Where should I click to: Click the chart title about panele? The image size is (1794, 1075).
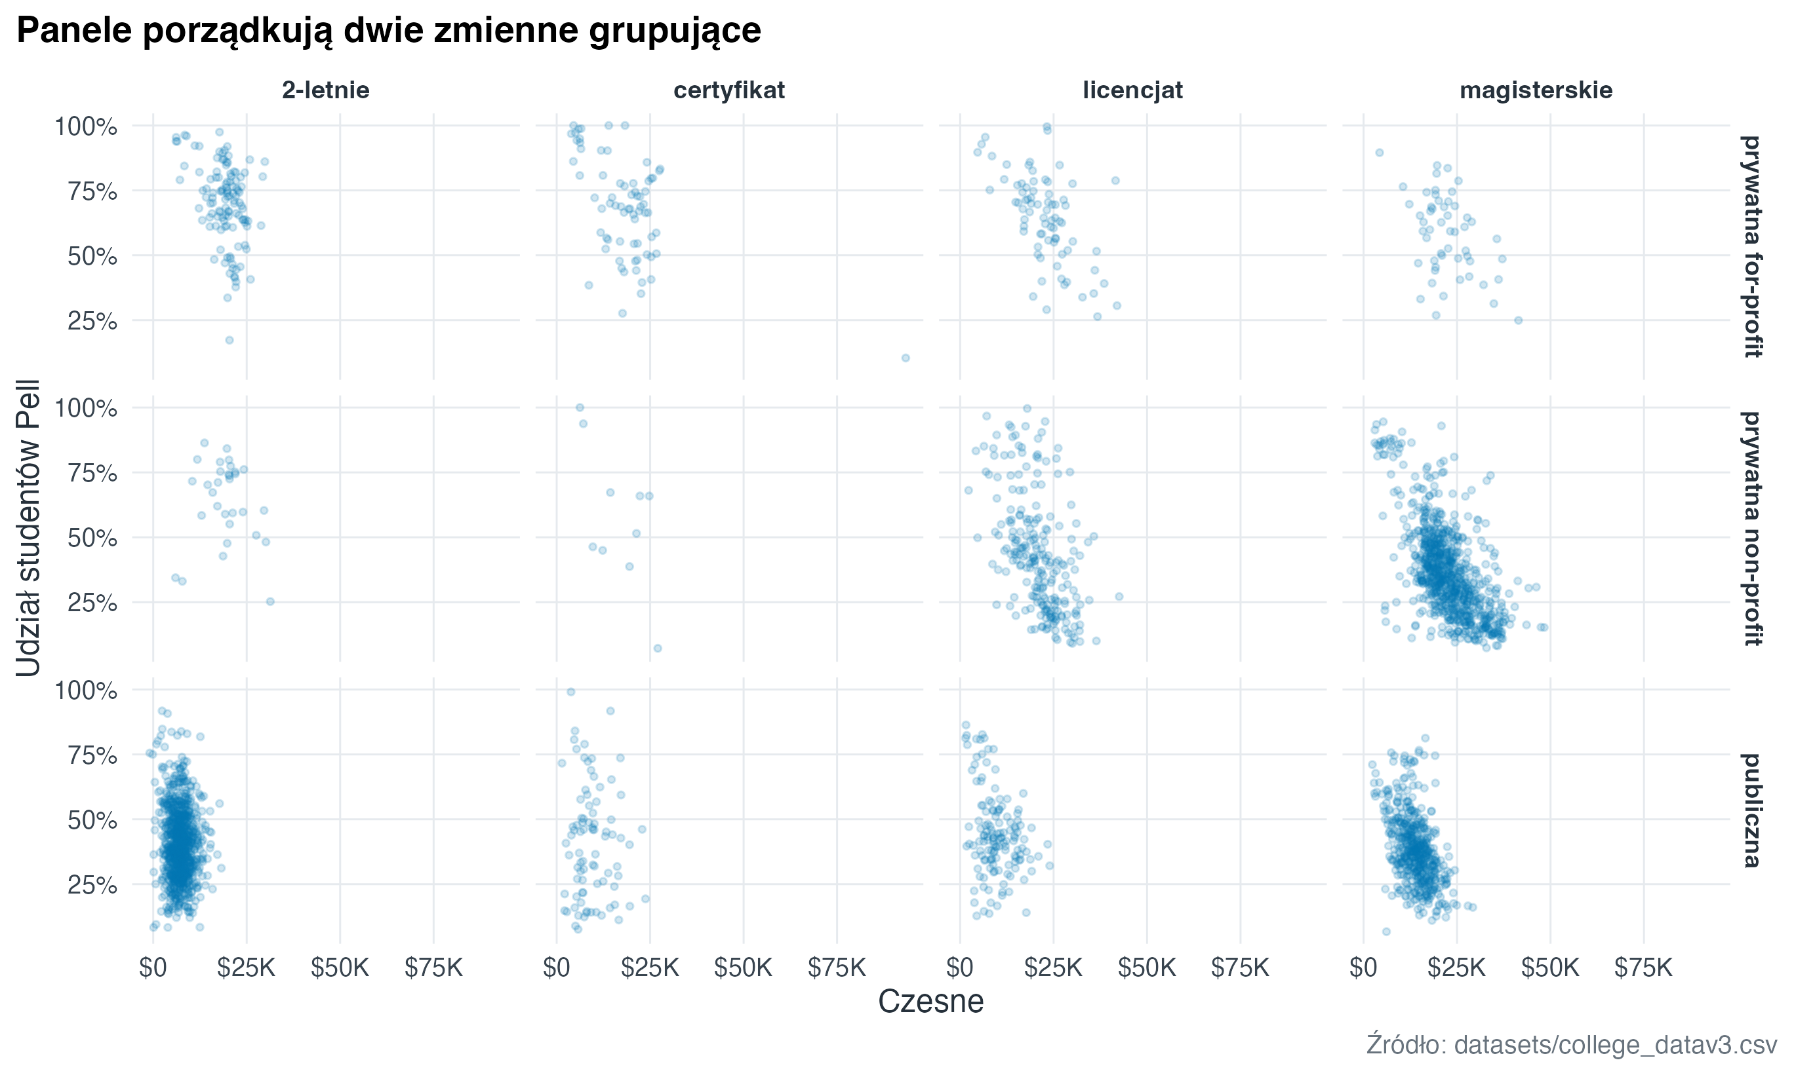(389, 30)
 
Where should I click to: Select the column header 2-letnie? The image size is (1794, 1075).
(325, 90)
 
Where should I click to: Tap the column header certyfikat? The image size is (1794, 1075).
(728, 90)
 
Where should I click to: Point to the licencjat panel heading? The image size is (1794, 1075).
(1132, 90)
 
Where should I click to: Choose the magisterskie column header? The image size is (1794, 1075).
(1535, 90)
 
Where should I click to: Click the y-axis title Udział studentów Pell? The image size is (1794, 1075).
(29, 528)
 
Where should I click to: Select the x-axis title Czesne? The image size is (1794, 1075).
(930, 1002)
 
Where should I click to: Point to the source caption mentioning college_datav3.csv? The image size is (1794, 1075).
(1572, 1045)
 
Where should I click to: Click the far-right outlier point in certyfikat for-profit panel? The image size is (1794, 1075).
(906, 358)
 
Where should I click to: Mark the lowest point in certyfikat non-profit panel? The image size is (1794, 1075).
(658, 649)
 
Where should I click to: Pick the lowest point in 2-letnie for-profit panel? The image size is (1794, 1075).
(229, 341)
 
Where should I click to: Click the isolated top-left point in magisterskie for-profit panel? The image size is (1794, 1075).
(1380, 153)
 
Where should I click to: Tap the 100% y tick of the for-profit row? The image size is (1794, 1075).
(85, 127)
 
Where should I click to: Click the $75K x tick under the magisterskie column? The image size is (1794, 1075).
(1643, 968)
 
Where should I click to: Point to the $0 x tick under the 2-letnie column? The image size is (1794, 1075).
(153, 968)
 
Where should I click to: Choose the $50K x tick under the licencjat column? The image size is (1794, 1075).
(1147, 968)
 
